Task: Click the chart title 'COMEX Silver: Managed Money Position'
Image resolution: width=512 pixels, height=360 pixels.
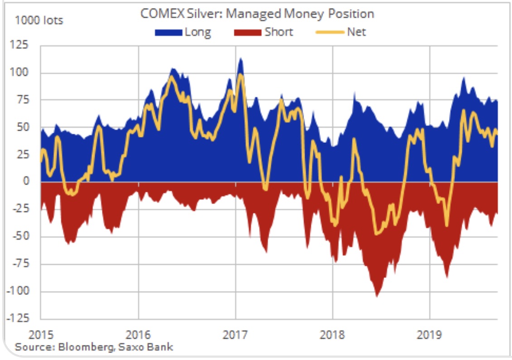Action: point(257,14)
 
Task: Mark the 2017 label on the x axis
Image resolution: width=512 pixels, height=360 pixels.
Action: point(236,336)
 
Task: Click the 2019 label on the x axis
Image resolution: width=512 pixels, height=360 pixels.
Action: point(430,336)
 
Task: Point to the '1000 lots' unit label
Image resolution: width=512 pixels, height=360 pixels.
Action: point(39,20)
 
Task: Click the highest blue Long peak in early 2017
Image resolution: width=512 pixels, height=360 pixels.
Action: point(241,58)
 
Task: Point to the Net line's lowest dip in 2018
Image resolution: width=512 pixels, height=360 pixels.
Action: point(376,234)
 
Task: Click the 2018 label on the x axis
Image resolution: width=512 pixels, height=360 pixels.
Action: point(333,336)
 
